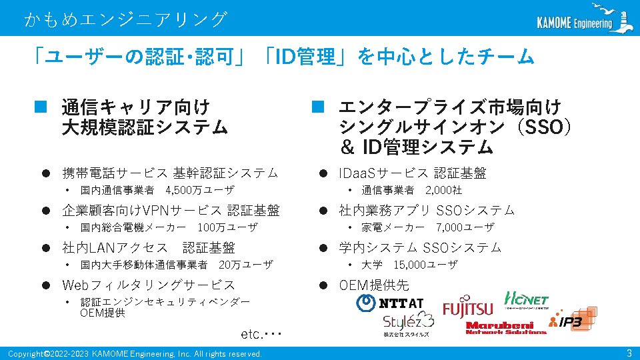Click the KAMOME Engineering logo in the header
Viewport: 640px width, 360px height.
point(585,19)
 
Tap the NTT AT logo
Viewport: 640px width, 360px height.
point(390,303)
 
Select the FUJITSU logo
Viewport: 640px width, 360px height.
point(468,307)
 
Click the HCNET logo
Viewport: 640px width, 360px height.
point(527,300)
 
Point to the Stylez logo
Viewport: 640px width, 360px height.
point(408,325)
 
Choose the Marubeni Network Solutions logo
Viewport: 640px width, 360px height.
point(506,328)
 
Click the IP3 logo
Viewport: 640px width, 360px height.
point(573,319)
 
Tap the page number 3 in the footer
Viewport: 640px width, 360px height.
point(629,353)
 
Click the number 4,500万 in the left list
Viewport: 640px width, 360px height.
point(184,190)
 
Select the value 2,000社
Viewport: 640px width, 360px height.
point(444,190)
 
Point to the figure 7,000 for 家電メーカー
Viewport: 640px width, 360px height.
point(449,227)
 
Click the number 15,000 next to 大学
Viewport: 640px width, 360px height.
point(410,265)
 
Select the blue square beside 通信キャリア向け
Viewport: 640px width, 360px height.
point(41,107)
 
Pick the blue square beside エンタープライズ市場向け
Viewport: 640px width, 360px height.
point(318,107)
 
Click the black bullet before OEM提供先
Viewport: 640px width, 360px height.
point(323,285)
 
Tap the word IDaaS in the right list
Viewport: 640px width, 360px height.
point(357,173)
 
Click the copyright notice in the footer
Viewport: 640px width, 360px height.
point(135,354)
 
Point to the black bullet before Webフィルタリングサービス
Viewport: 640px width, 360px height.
point(46,285)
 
